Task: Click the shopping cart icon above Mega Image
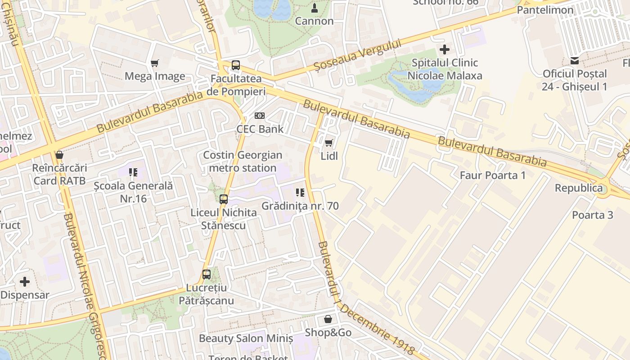click(155, 63)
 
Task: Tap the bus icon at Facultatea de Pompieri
click(236, 65)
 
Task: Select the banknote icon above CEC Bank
click(260, 116)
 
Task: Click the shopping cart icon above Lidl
click(329, 143)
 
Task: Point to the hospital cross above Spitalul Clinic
click(445, 49)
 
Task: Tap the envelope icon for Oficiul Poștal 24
click(575, 60)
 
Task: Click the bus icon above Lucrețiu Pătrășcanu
click(207, 274)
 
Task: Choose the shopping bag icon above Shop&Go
click(328, 319)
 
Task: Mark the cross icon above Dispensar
click(25, 282)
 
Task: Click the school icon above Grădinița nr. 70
click(300, 193)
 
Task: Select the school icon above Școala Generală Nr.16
click(133, 172)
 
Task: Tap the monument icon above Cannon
click(315, 8)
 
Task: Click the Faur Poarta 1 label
click(492, 175)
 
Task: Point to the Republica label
click(579, 188)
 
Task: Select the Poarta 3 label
click(593, 215)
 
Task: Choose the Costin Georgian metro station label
click(243, 162)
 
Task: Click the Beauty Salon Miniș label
click(246, 338)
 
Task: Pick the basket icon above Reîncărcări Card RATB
click(59, 155)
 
